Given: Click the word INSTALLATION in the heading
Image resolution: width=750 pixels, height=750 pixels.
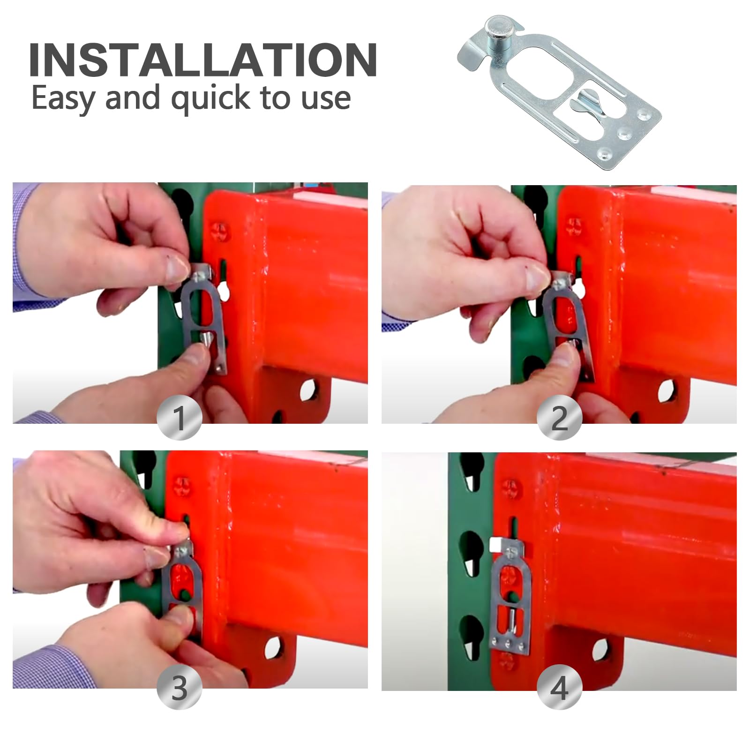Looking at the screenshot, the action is tap(203, 60).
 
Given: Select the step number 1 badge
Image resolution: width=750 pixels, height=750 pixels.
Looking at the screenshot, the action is tap(180, 417).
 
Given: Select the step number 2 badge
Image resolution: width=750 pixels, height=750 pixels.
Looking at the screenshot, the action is tap(559, 417).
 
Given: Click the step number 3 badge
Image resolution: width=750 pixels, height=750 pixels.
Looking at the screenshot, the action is tap(180, 688).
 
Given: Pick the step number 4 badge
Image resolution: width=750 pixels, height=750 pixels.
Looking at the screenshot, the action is tap(559, 688).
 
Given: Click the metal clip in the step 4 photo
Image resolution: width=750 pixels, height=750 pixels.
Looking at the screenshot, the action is tap(508, 595).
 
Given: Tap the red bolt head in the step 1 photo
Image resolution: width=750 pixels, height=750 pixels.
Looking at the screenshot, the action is tap(220, 231).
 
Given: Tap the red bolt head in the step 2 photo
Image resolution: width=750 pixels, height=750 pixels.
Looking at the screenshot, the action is tap(574, 227).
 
